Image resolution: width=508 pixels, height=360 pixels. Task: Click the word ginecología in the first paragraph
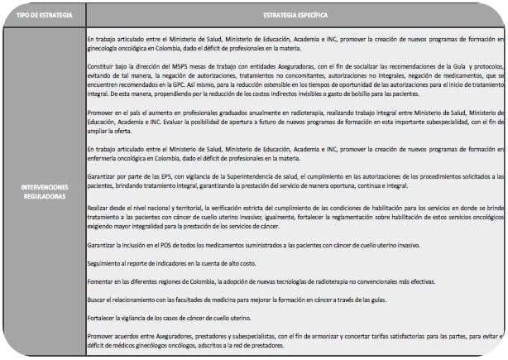pos(104,48)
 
